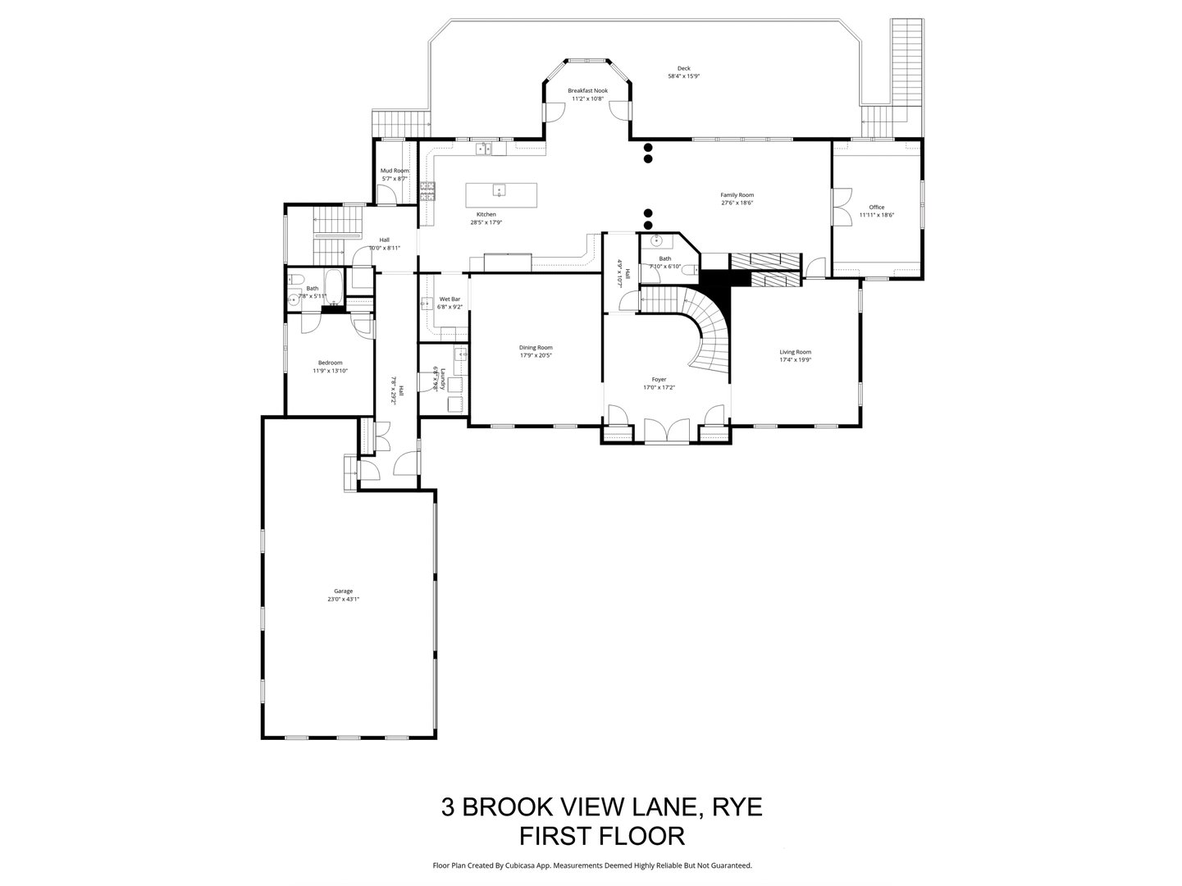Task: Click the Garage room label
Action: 343,591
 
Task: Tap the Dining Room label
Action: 536,347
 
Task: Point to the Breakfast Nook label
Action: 587,90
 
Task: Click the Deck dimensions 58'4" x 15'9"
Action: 683,76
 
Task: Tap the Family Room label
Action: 737,195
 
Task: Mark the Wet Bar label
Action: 450,299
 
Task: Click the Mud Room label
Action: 394,171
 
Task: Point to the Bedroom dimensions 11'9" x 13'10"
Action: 330,371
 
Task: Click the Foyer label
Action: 659,380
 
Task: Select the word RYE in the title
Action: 737,806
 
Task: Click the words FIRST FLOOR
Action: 602,836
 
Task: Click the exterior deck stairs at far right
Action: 906,62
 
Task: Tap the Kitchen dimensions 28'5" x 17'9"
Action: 486,222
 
